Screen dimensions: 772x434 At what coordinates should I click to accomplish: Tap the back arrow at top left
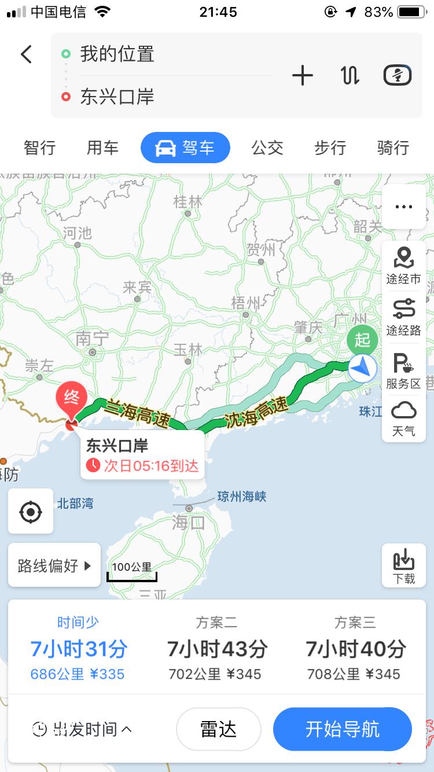pos(26,54)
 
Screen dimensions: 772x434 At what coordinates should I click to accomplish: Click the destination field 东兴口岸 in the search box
pos(117,97)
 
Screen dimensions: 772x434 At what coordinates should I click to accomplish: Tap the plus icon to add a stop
pos(302,76)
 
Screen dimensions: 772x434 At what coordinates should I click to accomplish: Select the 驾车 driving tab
pos(185,148)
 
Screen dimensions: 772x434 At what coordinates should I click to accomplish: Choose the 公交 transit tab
pos(267,148)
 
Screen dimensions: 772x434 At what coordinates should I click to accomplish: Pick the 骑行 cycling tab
pos(393,148)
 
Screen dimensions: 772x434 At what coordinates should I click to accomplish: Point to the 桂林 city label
pos(188,202)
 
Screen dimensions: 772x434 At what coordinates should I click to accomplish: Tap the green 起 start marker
pos(362,340)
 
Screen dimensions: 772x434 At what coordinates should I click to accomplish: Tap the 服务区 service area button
pos(403,370)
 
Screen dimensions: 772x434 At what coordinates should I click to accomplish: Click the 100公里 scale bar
pos(132,570)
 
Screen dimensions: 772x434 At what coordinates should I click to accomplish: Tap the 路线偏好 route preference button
pos(54,565)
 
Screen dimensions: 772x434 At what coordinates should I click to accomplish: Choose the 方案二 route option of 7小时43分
pos(216,649)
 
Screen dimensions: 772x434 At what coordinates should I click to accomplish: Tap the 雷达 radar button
pos(218,729)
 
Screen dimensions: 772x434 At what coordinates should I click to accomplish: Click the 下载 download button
pos(403,566)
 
